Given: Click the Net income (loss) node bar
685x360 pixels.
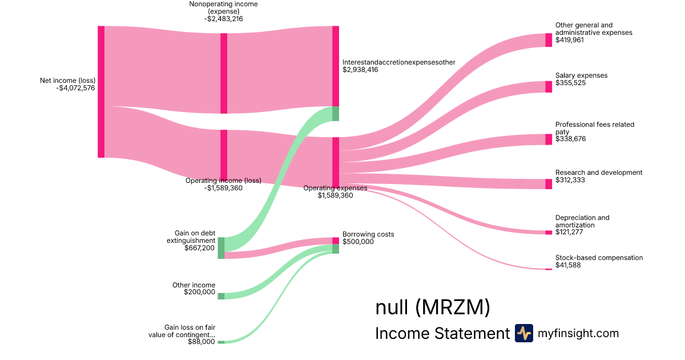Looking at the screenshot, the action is coord(101,91).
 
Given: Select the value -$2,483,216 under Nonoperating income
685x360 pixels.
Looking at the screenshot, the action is coord(223,19).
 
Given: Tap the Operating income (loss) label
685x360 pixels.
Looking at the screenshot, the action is coord(223,181).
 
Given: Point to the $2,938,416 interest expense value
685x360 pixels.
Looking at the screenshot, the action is coord(360,70).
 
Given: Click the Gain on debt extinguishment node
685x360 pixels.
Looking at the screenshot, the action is coord(221,248).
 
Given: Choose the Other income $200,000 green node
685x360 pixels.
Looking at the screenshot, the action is coord(221,296).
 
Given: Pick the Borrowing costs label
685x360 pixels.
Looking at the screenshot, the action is coord(368,234).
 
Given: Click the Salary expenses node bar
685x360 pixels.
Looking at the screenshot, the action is coord(549,87).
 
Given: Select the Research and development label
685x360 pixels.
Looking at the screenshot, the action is coord(599,173).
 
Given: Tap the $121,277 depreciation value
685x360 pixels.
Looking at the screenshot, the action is coord(570,233).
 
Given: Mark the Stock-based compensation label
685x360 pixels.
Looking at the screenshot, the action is coord(599,258).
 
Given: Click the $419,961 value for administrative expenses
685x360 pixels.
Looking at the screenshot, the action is coord(570,40).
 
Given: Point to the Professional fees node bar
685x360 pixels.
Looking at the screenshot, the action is coord(549,139).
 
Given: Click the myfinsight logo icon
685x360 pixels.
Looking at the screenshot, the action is coord(524,333).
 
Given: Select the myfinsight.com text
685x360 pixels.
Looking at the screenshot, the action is coord(578,333).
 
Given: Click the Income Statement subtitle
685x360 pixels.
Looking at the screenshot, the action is coord(442,333).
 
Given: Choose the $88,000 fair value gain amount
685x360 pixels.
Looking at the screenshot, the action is coord(202,342).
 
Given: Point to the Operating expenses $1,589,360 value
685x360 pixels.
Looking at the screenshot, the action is coord(335,195).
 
